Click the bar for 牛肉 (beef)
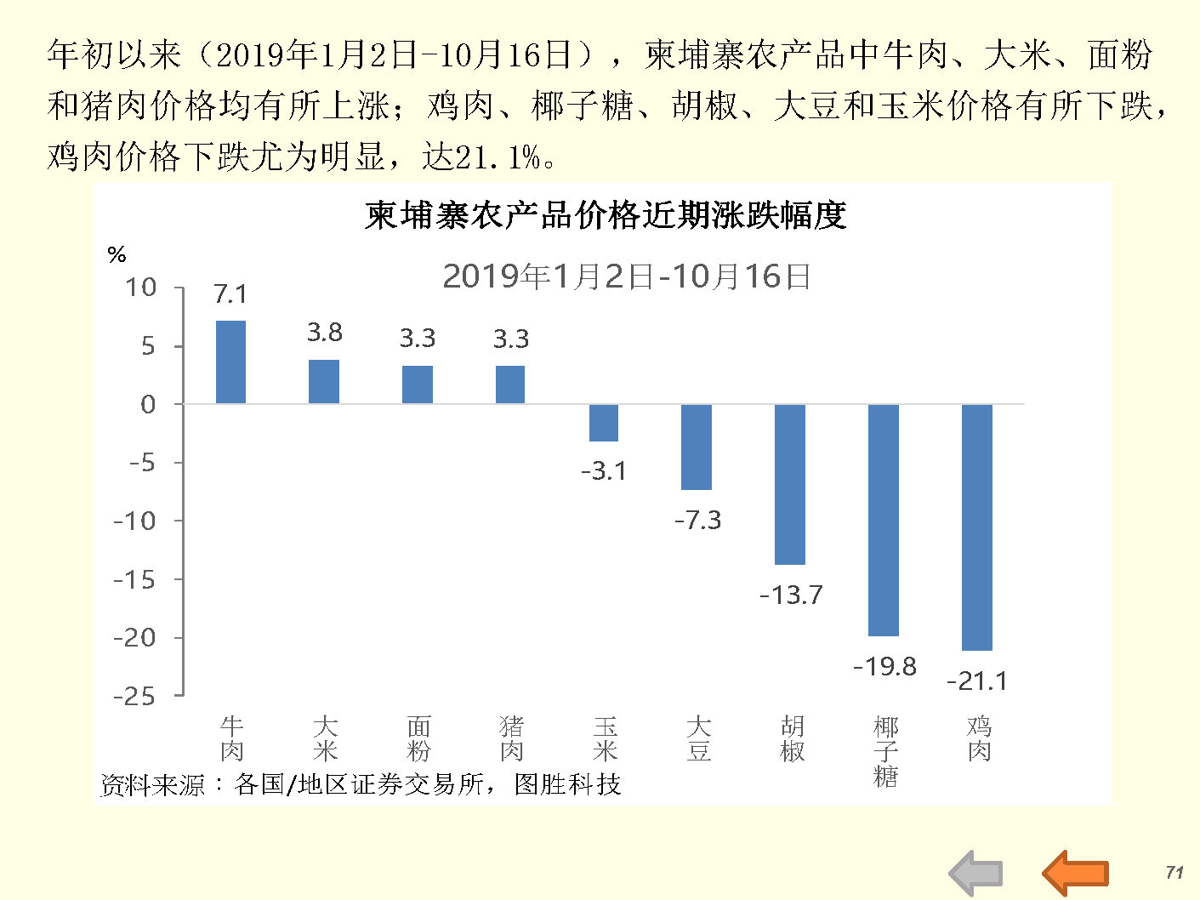tap(230, 362)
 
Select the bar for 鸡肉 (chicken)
tap(976, 527)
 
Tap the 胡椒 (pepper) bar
tap(789, 484)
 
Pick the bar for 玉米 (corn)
tap(604, 423)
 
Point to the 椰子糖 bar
tap(883, 520)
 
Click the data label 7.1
tap(230, 294)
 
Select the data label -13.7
tap(791, 595)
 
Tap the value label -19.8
tap(884, 666)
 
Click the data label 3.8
tap(324, 333)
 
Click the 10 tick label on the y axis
tap(141, 288)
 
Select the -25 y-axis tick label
tap(135, 697)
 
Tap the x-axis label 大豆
tap(698, 738)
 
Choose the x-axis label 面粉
tap(418, 738)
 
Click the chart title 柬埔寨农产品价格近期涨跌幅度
tap(606, 215)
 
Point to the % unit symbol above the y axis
tap(117, 254)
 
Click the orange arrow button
tap(1075, 873)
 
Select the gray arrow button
tap(976, 873)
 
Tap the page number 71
tap(1174, 872)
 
